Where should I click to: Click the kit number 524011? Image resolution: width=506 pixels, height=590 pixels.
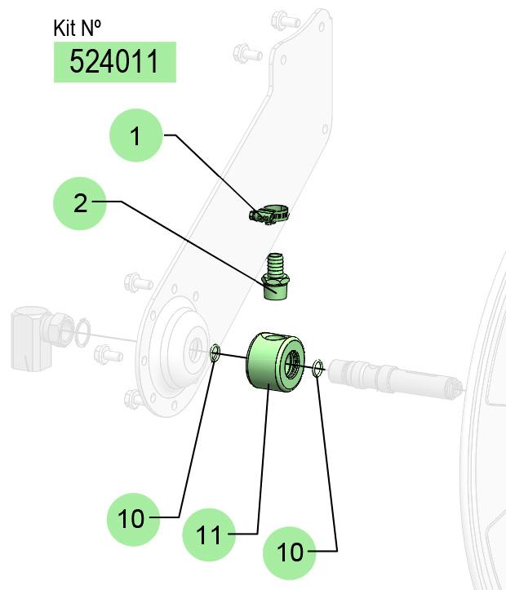click(114, 62)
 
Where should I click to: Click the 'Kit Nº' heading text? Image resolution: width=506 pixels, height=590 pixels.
click(77, 28)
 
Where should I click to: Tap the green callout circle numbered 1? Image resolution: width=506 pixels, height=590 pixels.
click(135, 135)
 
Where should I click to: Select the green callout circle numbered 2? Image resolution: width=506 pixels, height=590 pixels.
click(80, 203)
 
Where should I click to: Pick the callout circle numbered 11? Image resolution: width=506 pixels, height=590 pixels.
click(209, 535)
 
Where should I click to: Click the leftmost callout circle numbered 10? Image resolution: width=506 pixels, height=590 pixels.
click(134, 519)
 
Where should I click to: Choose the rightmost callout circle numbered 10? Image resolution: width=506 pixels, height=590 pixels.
click(289, 552)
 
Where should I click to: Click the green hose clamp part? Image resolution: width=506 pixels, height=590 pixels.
click(269, 215)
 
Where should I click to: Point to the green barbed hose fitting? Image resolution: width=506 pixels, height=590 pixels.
click(275, 277)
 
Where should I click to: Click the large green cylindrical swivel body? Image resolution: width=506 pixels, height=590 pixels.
click(274, 362)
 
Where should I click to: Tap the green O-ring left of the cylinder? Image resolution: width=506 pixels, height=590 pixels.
click(215, 353)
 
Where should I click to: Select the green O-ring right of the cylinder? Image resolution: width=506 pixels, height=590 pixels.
click(318, 368)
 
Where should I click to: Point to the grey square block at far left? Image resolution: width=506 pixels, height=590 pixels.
click(30, 338)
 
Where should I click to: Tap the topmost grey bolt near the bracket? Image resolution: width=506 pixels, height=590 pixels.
click(285, 20)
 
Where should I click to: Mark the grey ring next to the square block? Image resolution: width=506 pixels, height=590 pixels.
click(82, 333)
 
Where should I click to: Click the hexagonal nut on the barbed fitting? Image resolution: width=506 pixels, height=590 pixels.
click(275, 281)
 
